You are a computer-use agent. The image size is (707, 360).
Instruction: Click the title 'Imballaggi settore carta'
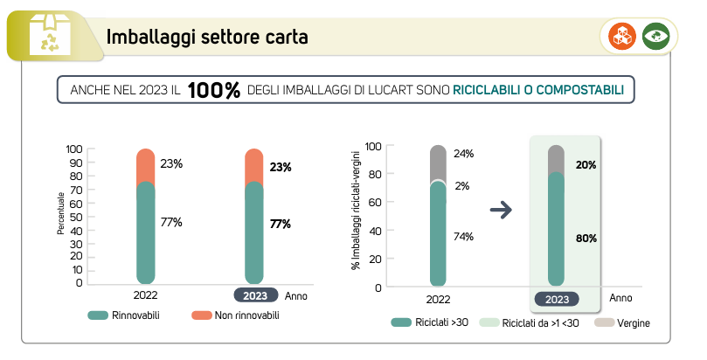(206, 38)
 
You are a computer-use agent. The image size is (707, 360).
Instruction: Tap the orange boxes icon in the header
(624, 37)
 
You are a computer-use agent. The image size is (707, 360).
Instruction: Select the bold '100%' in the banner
(214, 91)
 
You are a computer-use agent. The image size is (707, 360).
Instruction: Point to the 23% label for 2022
(171, 163)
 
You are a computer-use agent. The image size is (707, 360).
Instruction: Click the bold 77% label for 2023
(280, 224)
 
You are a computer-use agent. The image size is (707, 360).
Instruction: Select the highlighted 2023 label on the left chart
(255, 295)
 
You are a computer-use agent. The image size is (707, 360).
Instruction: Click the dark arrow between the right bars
(501, 210)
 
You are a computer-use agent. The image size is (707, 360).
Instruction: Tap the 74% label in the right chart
(464, 237)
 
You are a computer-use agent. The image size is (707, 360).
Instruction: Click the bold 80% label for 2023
(586, 238)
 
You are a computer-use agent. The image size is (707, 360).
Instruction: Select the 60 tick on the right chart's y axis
(374, 203)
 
